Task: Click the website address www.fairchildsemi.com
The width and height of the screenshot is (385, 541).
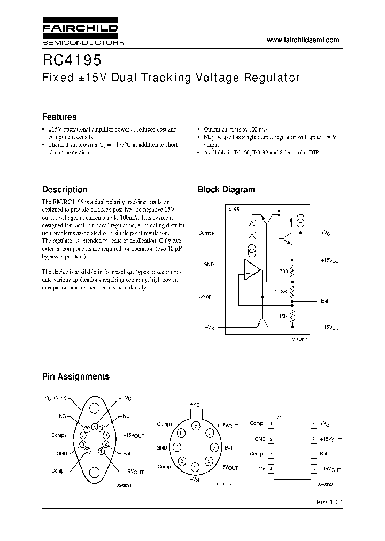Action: [303, 40]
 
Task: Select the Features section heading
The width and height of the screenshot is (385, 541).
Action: [59, 117]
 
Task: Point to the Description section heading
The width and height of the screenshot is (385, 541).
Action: [65, 189]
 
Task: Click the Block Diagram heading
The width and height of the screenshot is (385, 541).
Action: [226, 189]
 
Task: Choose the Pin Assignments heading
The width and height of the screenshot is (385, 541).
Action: [76, 376]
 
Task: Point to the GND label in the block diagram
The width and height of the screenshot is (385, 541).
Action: [208, 264]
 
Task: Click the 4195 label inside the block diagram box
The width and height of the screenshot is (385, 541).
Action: [233, 209]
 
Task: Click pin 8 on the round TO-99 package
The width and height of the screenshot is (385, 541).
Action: [196, 426]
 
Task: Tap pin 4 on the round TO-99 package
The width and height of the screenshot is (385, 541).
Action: [195, 468]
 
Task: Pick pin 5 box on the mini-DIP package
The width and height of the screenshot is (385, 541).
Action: [313, 468]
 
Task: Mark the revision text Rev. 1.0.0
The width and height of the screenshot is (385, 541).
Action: [329, 503]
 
